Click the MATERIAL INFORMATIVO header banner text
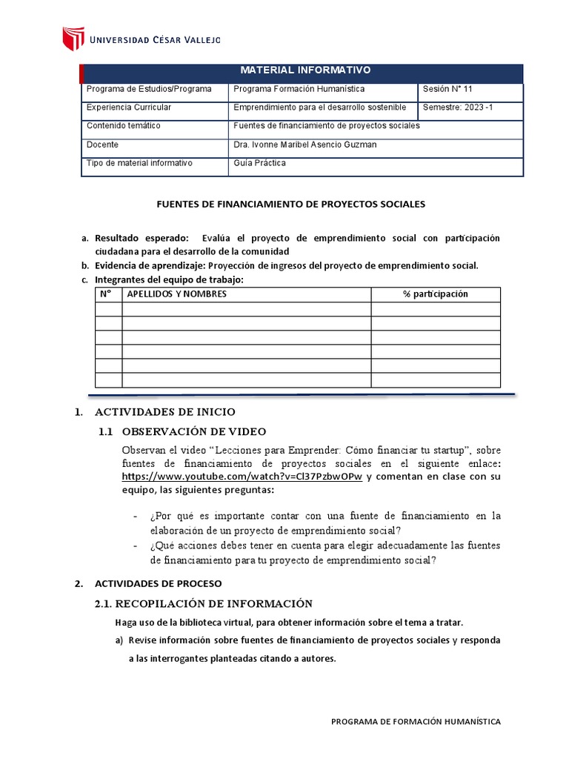point(305,70)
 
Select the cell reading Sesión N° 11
point(447,89)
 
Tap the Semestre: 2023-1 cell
point(458,107)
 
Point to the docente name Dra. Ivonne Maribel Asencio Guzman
point(305,145)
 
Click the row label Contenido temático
point(124,126)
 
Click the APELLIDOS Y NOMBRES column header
point(177,294)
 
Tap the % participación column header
point(436,294)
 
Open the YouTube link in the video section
point(242,477)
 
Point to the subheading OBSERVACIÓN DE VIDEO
point(194,432)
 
